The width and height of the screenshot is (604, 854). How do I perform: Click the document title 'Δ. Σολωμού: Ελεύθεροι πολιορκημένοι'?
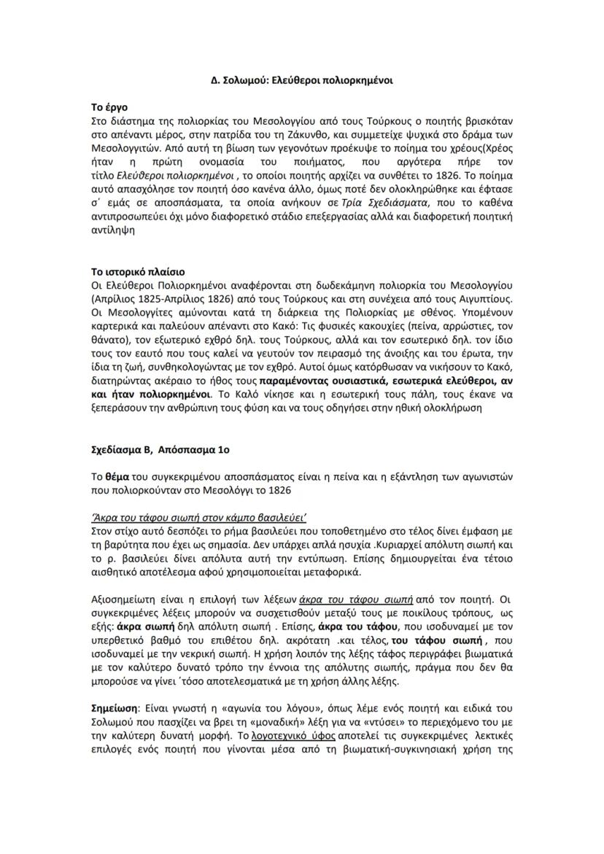pos(302,81)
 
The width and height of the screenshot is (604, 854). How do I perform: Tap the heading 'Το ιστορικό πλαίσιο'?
pos(138,271)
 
